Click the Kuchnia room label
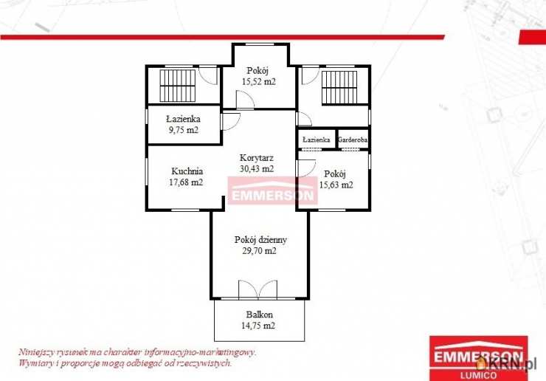click(187, 171)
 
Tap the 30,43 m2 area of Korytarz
click(257, 168)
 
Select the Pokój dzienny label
click(260, 240)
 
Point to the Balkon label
click(260, 315)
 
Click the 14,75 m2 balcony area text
click(258, 326)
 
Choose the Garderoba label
click(353, 140)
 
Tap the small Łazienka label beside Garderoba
click(317, 140)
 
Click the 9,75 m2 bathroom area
click(184, 130)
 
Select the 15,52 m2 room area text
click(259, 81)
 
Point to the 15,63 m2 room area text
click(336, 185)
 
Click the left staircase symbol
click(178, 86)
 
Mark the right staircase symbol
click(339, 87)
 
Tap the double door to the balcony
click(258, 289)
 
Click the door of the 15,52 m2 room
click(245, 100)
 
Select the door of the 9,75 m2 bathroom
click(230, 122)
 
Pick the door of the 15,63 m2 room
click(306, 168)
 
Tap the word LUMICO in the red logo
click(478, 375)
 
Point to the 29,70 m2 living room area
click(260, 251)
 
